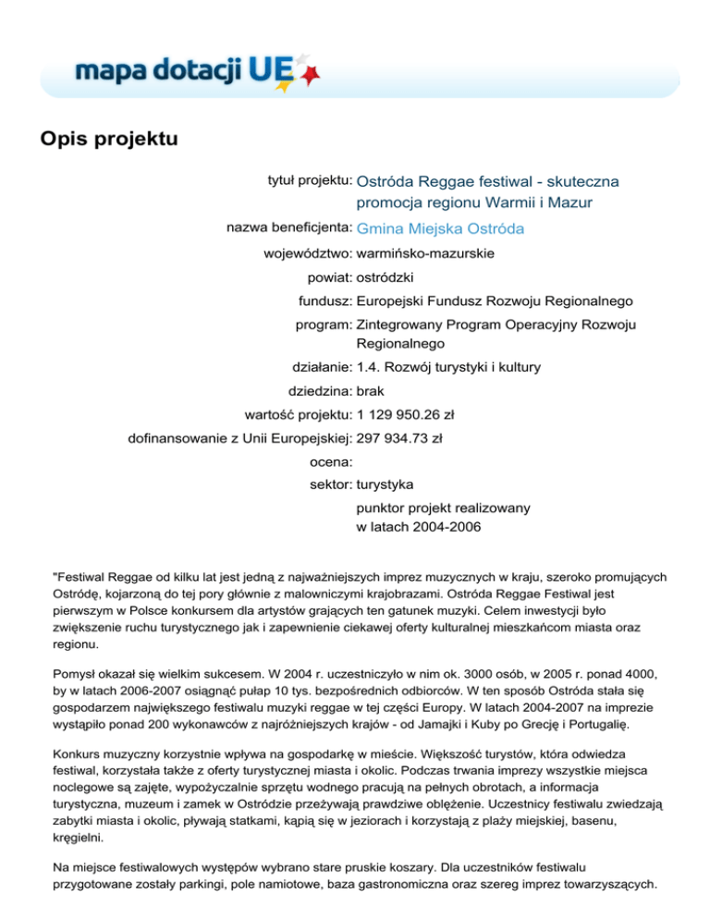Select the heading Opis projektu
(107, 140)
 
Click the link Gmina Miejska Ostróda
(440, 228)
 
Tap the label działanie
(321, 367)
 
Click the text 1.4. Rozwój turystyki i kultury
(448, 367)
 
